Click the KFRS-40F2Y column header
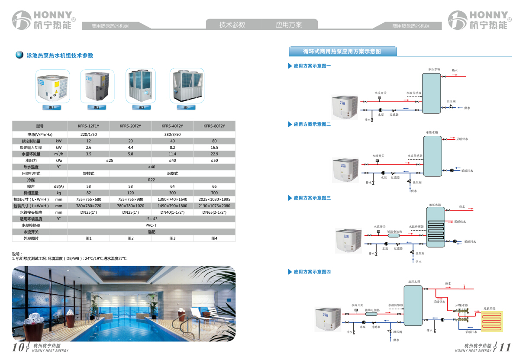coord(172,126)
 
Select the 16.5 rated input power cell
coord(214,148)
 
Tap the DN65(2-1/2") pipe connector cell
coord(214,212)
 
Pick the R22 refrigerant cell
coord(151,180)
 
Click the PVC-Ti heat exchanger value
coord(151,225)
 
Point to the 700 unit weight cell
coord(214,193)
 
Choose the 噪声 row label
coord(31,186)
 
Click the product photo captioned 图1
coord(53,86)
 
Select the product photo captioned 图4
coord(187,86)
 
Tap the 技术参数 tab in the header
coord(232,25)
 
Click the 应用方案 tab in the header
coord(289,25)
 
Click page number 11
coord(505,347)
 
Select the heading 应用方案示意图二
coord(312,125)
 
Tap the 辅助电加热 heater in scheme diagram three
coord(394,235)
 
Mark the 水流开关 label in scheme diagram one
coord(381,93)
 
